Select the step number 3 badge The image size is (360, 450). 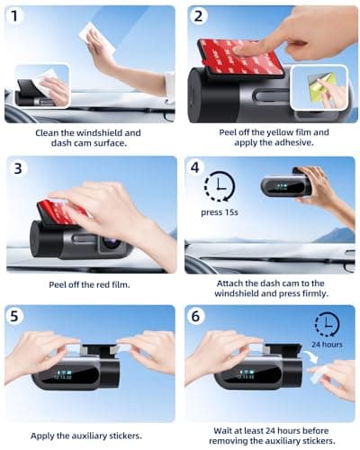point(17,169)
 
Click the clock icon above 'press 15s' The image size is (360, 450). point(219,187)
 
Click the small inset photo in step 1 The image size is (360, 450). point(43,86)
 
